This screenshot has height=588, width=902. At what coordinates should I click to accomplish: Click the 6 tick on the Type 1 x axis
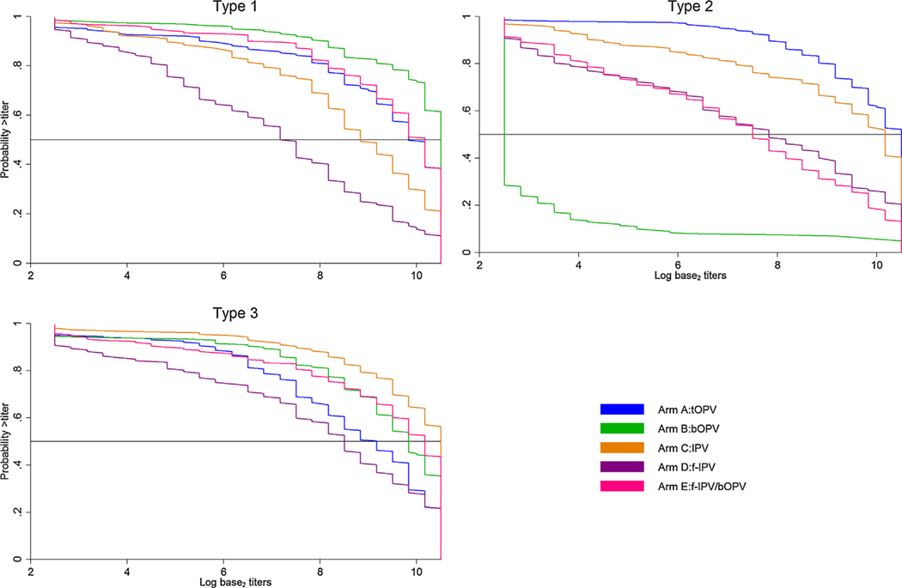[223, 276]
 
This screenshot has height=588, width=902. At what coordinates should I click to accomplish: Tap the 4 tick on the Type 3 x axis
[127, 570]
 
